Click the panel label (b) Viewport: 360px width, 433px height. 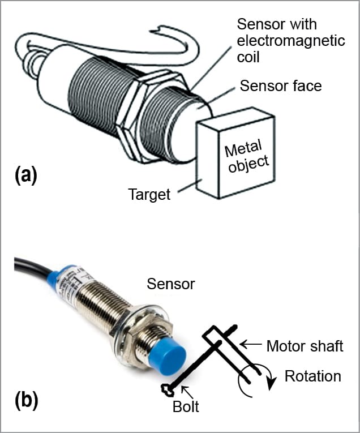(x=25, y=400)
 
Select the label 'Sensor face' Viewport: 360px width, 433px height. (x=281, y=86)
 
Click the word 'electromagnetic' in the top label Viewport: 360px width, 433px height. (x=290, y=41)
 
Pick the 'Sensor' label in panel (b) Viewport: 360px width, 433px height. (x=170, y=284)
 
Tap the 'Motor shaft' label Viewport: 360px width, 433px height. (x=305, y=346)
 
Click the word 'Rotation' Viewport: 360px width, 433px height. (x=313, y=376)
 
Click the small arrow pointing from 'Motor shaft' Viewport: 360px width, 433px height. (x=250, y=344)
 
